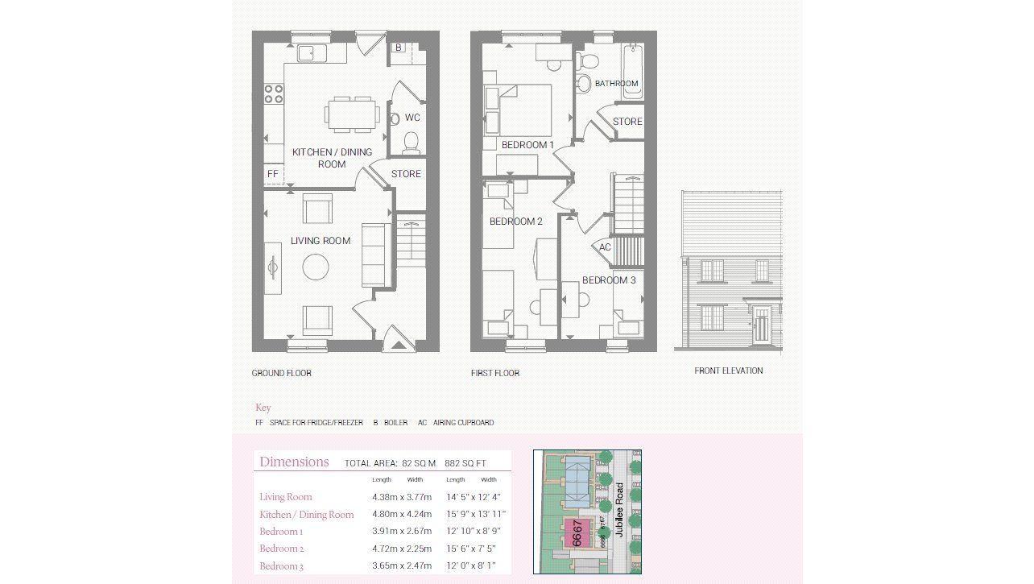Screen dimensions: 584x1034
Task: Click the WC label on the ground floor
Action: tap(412, 118)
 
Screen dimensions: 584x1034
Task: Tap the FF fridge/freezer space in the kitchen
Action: tap(272, 174)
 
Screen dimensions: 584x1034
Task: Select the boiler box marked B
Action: tap(398, 48)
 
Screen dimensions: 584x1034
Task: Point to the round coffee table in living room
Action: tap(316, 267)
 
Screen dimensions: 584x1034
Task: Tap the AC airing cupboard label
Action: tap(605, 247)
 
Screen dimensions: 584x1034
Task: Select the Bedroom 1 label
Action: tap(527, 145)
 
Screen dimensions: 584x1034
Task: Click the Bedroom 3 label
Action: tap(609, 280)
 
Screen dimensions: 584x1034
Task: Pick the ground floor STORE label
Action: tap(406, 174)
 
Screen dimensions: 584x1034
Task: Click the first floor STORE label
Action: tap(627, 122)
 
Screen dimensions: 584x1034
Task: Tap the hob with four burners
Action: tap(274, 93)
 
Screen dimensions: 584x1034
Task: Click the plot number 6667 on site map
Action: tap(577, 533)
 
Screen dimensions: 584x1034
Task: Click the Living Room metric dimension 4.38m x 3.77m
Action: tap(402, 497)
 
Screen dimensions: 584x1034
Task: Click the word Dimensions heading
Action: tap(294, 462)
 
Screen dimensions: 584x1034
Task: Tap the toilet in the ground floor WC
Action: tap(411, 143)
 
